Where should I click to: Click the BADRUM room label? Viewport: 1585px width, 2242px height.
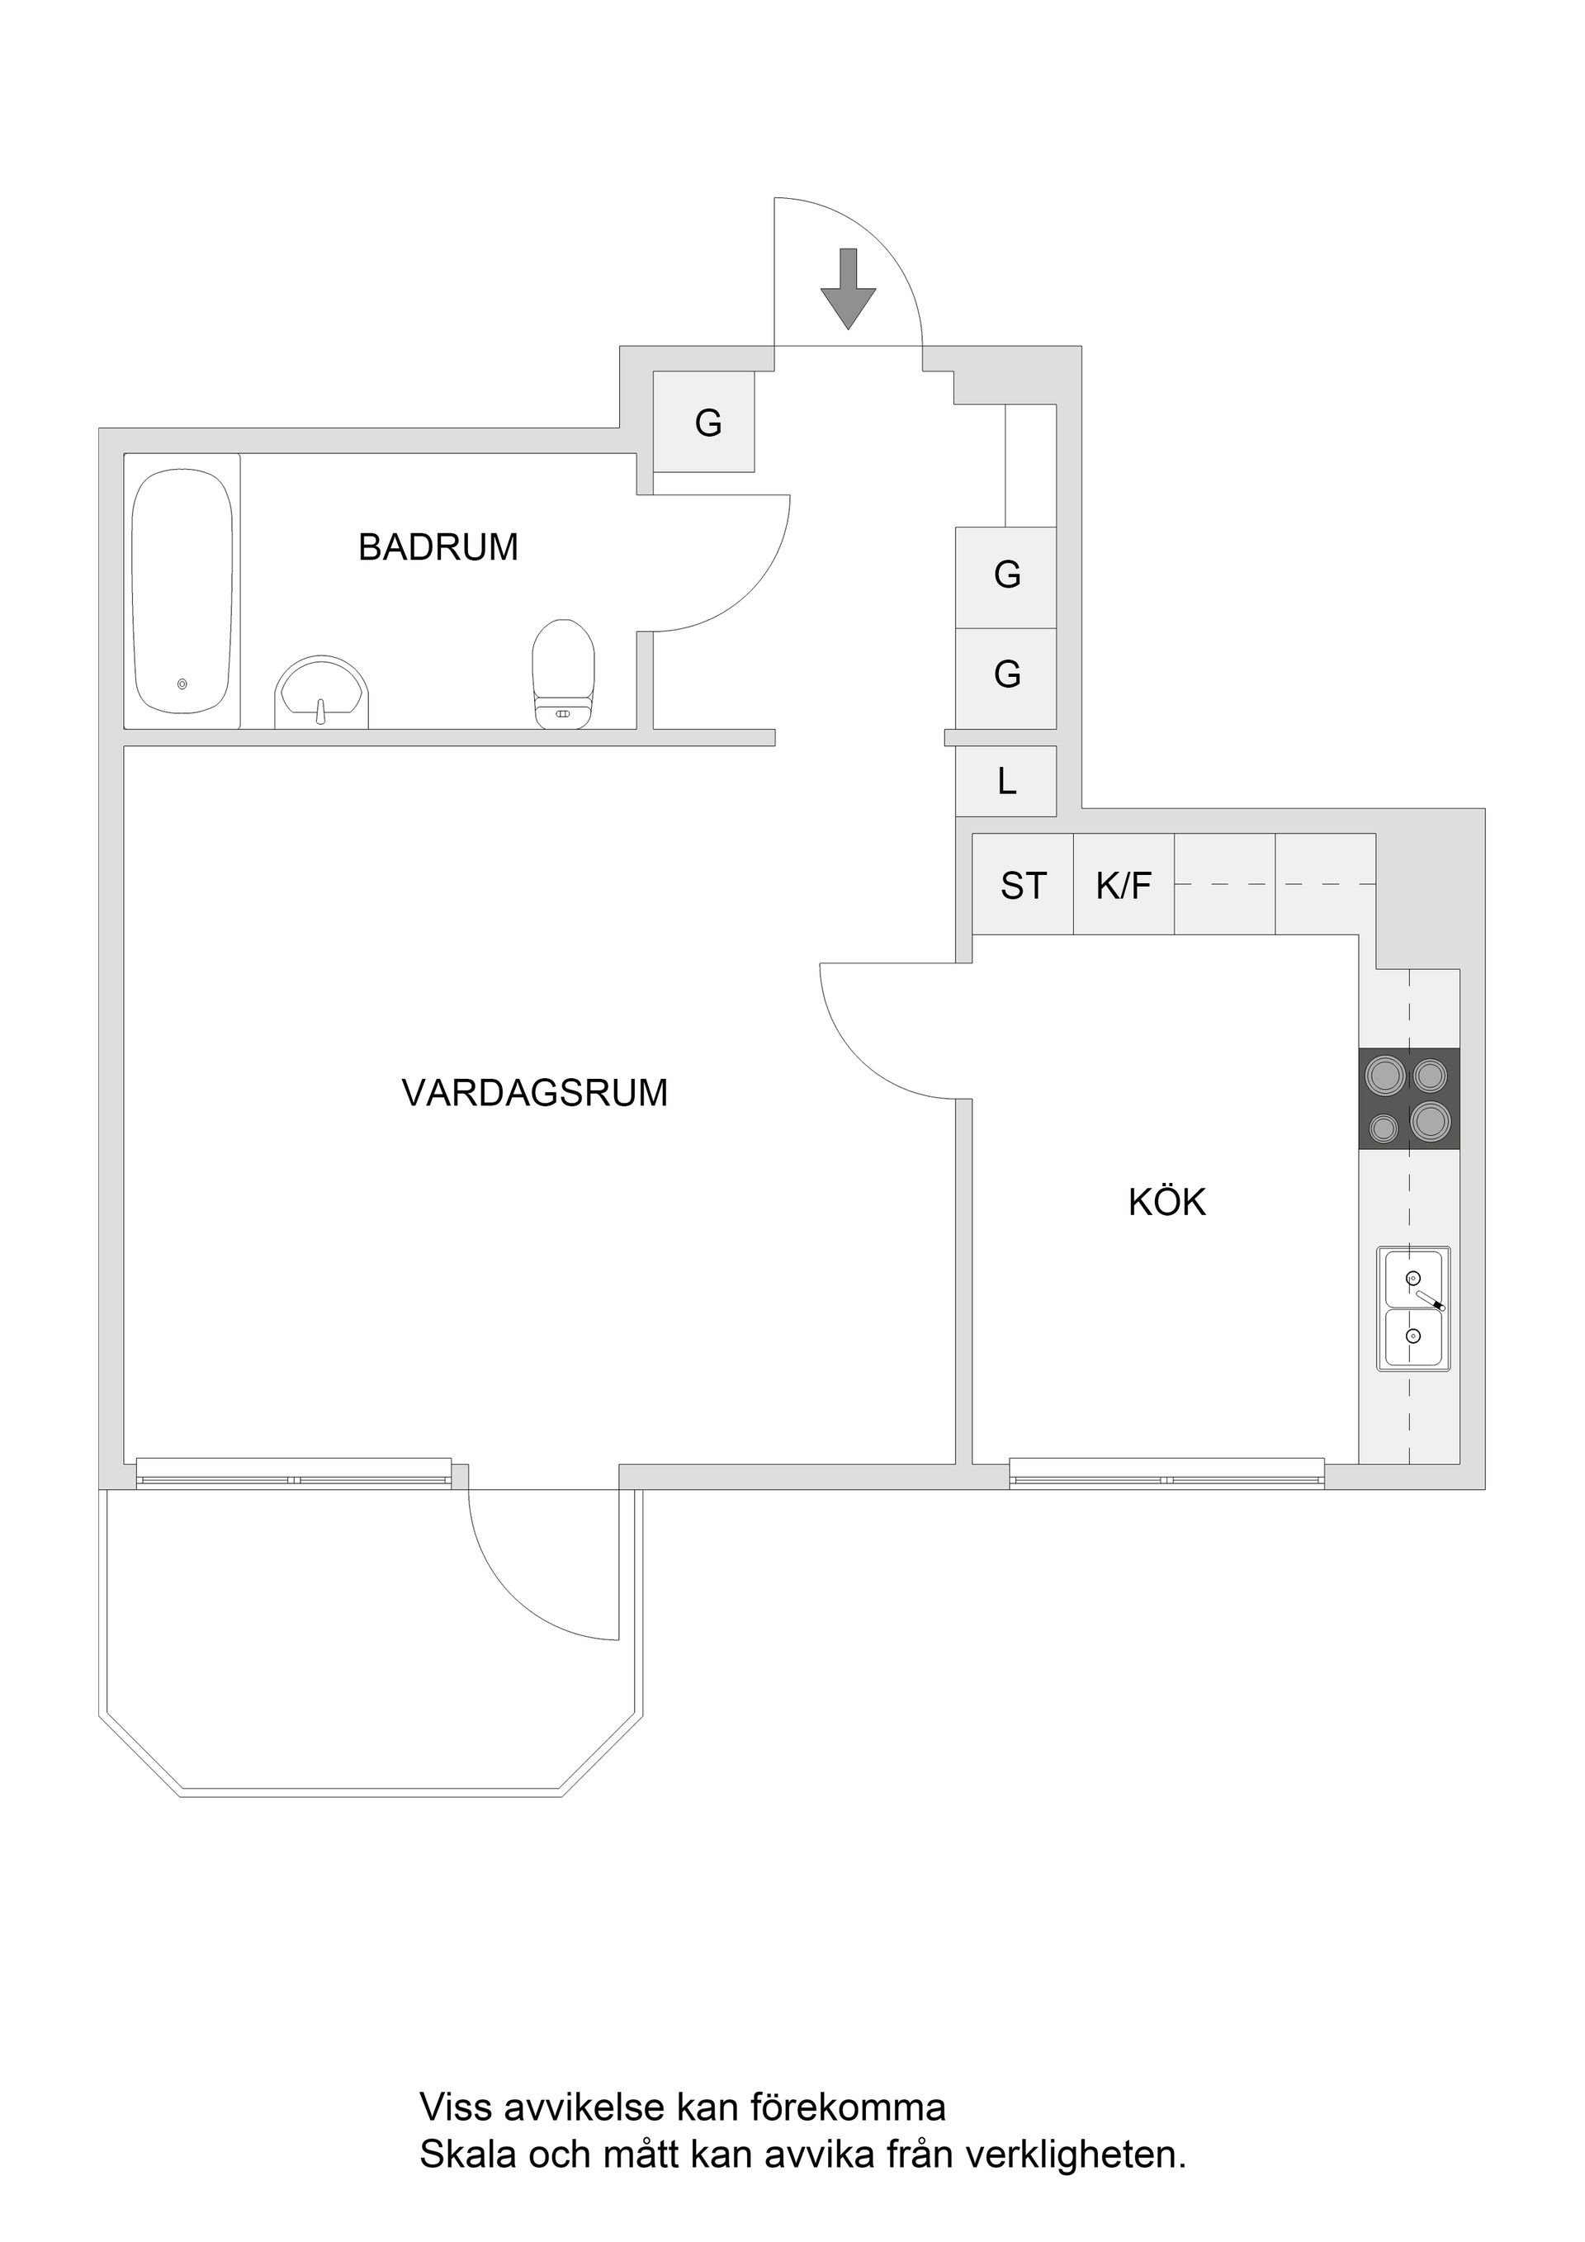tap(438, 546)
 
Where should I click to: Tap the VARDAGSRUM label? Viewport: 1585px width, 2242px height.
tap(535, 1093)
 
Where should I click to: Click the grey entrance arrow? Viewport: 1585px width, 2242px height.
tap(848, 288)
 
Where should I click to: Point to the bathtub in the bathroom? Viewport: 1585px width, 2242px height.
tap(182, 592)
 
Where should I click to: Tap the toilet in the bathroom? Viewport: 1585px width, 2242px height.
tap(564, 674)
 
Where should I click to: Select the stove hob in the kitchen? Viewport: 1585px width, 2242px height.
tap(1409, 1099)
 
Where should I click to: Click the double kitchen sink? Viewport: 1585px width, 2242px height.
tap(1413, 1309)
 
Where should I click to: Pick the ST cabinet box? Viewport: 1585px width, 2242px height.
tap(1024, 885)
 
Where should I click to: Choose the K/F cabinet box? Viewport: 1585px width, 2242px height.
tap(1124, 885)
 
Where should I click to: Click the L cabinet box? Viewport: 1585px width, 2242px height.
tap(1005, 781)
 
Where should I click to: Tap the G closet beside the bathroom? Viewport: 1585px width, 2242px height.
tap(703, 422)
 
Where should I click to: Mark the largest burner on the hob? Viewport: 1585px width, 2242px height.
tap(1430, 1120)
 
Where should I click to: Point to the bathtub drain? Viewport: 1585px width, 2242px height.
tap(182, 684)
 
